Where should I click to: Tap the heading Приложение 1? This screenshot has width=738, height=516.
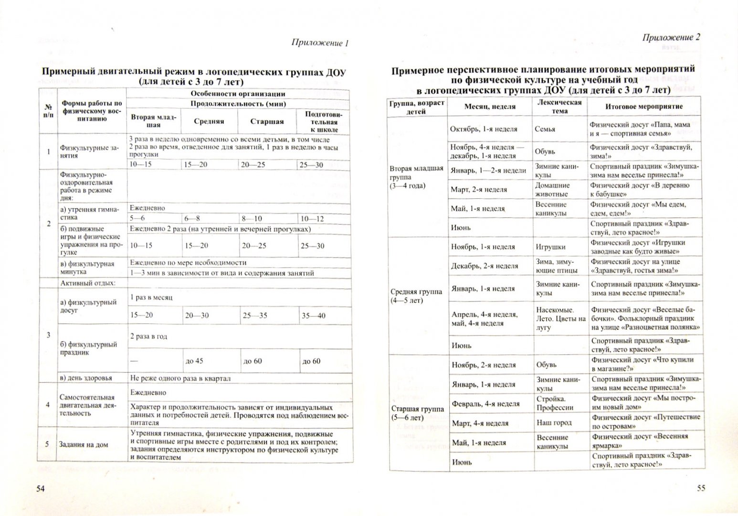(x=320, y=43)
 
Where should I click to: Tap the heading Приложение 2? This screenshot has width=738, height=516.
(x=671, y=37)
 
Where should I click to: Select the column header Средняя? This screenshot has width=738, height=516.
(x=209, y=121)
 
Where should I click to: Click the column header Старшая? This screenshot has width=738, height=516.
(x=267, y=121)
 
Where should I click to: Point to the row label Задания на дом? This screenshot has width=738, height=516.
(x=83, y=444)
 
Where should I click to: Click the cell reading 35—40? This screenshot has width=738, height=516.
(x=314, y=315)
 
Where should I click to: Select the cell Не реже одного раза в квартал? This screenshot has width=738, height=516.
(x=180, y=378)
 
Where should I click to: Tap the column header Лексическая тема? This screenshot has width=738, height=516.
(x=559, y=107)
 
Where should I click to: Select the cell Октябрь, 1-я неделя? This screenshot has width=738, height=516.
(x=484, y=129)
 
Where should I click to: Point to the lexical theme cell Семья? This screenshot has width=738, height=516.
(x=545, y=129)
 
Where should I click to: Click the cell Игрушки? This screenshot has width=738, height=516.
(x=550, y=247)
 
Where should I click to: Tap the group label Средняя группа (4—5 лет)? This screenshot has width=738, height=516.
(x=416, y=296)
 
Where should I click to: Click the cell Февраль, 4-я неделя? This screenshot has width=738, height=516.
(x=485, y=404)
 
